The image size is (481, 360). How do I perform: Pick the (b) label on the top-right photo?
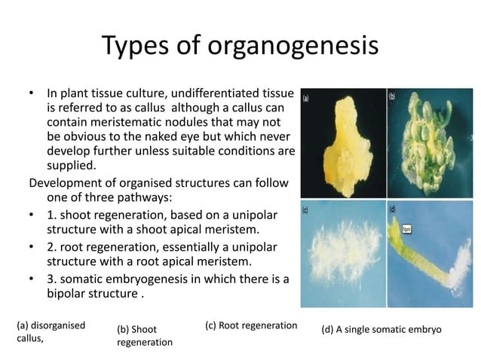tap(393, 96)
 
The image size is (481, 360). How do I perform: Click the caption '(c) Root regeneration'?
tap(251, 325)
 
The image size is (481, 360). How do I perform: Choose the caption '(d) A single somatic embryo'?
tap(381, 330)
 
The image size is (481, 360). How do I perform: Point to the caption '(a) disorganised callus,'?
tap(50, 332)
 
